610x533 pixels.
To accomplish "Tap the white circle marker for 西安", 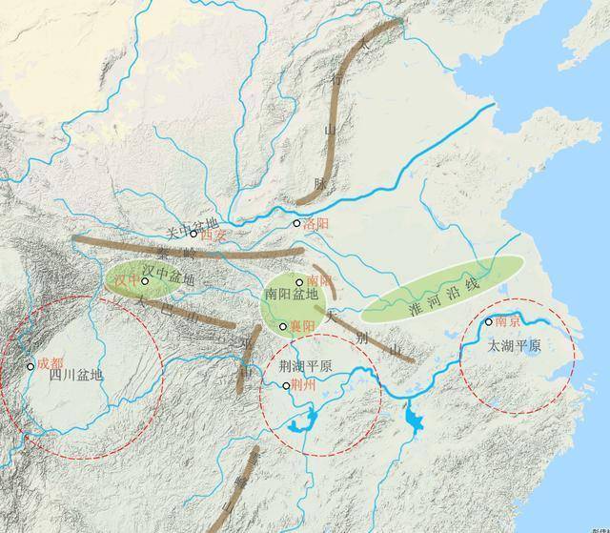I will [x=193, y=234].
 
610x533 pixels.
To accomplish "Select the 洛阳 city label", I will [x=315, y=224].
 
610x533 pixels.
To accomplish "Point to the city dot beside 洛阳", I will [x=297, y=224].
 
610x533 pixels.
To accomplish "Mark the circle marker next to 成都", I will [x=30, y=365].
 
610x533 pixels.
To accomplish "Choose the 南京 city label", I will [x=508, y=323].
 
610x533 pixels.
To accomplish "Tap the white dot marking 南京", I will [x=489, y=322].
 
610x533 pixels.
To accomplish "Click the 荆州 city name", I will [x=305, y=386].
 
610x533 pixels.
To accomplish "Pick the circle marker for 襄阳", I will [x=283, y=326].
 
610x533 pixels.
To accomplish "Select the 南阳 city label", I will [x=318, y=282].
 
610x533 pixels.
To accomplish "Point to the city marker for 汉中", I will [x=145, y=281].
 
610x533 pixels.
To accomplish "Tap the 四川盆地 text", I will [x=76, y=375].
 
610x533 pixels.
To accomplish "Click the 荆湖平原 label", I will [x=306, y=367].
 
